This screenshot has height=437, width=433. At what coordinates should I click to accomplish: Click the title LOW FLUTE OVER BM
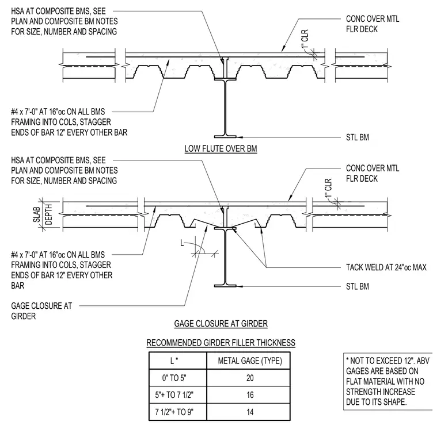pyautogui.click(x=221, y=148)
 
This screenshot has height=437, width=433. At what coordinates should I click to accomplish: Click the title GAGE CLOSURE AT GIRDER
pyautogui.click(x=221, y=324)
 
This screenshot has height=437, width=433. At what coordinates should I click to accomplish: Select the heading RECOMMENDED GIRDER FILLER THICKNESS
pyautogui.click(x=221, y=343)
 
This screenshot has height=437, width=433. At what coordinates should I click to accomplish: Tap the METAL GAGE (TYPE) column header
pyautogui.click(x=250, y=361)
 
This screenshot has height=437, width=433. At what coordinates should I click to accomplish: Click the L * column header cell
pyautogui.click(x=174, y=361)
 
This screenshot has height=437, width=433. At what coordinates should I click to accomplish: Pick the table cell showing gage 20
pyautogui.click(x=250, y=378)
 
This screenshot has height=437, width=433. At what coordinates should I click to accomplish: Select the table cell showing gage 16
pyautogui.click(x=250, y=395)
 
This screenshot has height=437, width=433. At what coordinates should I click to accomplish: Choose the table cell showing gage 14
pyautogui.click(x=250, y=412)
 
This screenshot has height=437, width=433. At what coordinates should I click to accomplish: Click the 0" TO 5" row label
pyautogui.click(x=174, y=378)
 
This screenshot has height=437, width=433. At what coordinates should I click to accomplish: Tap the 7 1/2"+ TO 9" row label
pyautogui.click(x=174, y=412)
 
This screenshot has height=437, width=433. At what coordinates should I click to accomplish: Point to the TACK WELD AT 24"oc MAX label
pyautogui.click(x=386, y=267)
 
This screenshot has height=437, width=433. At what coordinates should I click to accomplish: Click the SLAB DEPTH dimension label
pyautogui.click(x=43, y=214)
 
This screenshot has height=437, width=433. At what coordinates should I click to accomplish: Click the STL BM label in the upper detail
pyautogui.click(x=358, y=137)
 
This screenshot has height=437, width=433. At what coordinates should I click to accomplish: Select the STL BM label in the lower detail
pyautogui.click(x=358, y=286)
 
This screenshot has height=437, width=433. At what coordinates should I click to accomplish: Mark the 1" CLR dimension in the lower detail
pyautogui.click(x=329, y=187)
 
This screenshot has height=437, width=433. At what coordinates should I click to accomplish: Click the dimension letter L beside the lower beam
pyautogui.click(x=182, y=243)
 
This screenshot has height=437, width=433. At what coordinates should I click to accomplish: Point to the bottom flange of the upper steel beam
pyautogui.click(x=225, y=137)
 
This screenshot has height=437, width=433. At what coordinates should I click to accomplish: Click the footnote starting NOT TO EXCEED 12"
pyautogui.click(x=388, y=381)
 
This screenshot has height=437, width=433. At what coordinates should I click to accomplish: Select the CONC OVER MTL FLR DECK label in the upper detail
pyautogui.click(x=373, y=24)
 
